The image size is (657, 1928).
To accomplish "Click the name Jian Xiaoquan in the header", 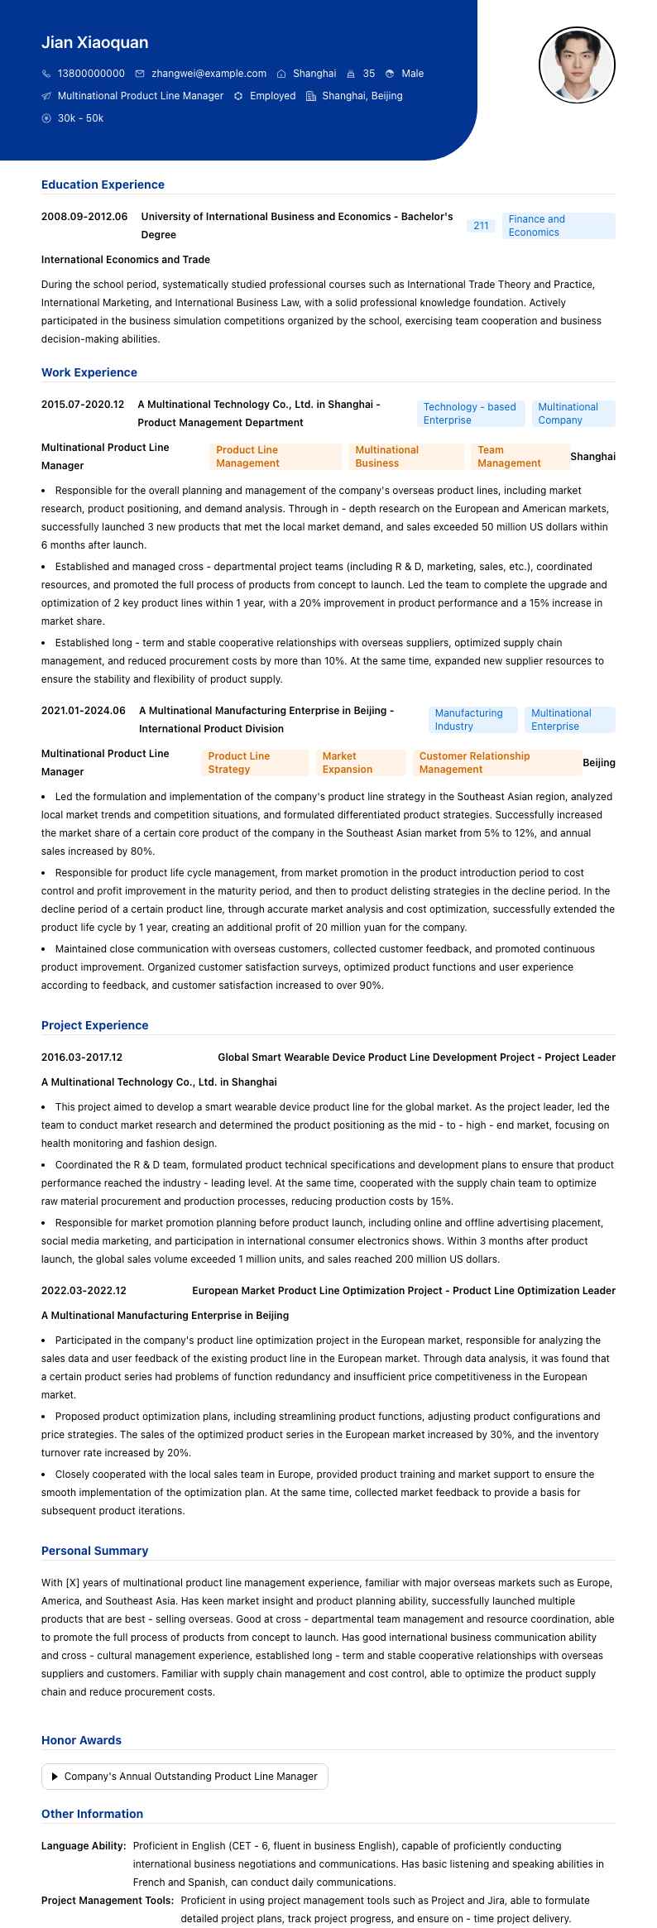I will click(95, 42).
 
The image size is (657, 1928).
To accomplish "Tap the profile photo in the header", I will click(577, 65).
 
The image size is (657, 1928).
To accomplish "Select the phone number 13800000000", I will click(91, 74).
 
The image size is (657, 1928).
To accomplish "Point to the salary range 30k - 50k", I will click(80, 118).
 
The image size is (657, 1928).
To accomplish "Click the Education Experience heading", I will click(103, 185).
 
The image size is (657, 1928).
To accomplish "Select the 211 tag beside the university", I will click(481, 226).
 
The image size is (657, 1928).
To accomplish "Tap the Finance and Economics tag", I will click(559, 226).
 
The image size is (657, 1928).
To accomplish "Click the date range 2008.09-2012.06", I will click(84, 217).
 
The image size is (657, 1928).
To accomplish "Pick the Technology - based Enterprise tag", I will click(470, 414).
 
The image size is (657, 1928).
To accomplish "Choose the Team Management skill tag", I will click(520, 457).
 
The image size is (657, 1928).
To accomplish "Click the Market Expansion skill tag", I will click(361, 763).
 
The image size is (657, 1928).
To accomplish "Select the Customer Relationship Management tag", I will click(496, 763).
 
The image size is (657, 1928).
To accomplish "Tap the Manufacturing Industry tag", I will click(472, 720).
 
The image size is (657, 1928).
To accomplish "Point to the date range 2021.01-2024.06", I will click(84, 711).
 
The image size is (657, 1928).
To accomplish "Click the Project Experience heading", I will click(94, 1025).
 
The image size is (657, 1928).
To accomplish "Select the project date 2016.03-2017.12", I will click(82, 1058).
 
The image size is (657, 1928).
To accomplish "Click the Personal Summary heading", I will click(94, 1551).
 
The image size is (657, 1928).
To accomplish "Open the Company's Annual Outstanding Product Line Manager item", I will click(185, 1776).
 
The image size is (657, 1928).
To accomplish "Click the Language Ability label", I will click(84, 1845).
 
